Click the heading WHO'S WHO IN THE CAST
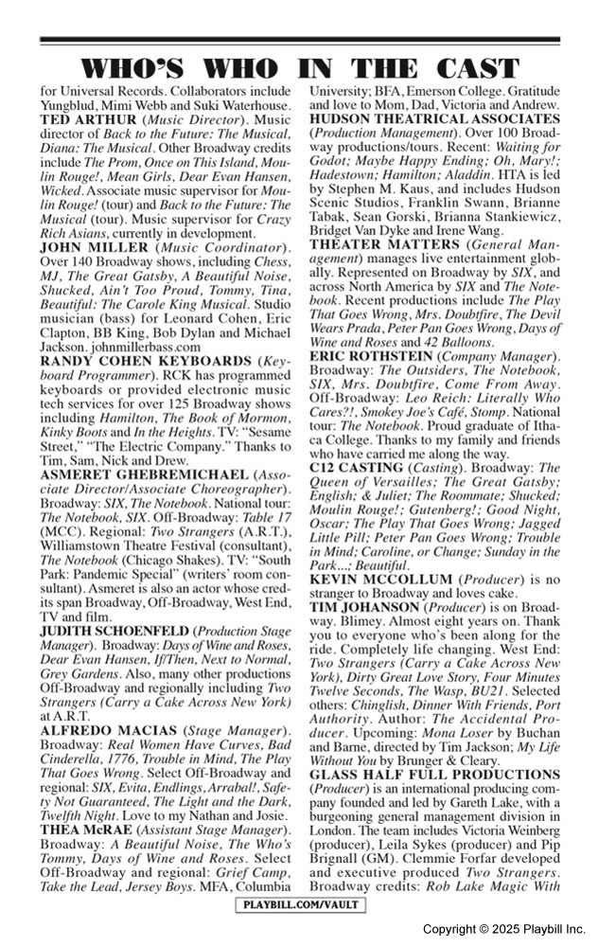coord(299,68)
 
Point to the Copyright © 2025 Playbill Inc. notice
coord(503,929)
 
